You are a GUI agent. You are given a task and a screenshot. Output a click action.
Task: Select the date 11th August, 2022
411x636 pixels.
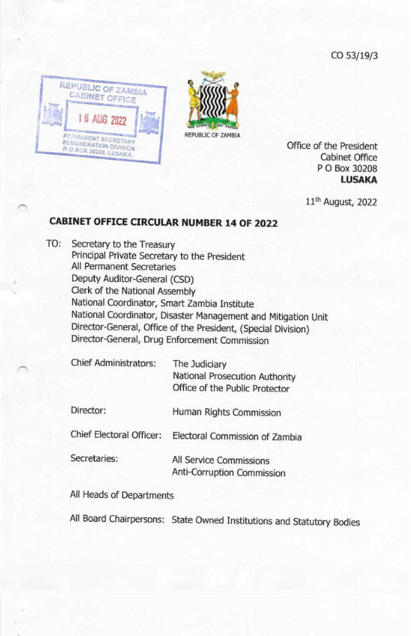342,203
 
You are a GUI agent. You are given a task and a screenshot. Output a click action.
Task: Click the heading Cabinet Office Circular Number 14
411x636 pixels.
164,223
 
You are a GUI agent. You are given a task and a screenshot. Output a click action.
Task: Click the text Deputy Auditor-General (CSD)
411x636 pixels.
131,279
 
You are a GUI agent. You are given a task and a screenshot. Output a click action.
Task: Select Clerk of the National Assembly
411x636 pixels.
133,291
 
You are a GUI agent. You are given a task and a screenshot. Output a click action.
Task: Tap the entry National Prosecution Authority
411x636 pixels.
234,376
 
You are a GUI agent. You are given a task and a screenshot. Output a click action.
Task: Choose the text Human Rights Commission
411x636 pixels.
226,412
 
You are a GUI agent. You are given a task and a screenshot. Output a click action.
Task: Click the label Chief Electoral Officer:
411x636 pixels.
116,435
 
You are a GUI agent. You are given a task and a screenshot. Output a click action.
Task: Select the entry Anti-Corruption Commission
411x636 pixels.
228,473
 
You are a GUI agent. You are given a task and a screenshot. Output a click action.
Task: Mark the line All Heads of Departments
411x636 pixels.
121,495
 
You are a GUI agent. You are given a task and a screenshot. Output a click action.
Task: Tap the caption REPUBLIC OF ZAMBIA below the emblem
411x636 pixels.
212,135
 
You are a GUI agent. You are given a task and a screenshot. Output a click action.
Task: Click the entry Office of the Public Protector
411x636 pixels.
230,388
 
